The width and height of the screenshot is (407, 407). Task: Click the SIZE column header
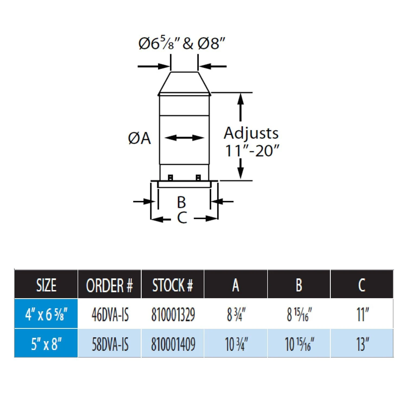coord(46,285)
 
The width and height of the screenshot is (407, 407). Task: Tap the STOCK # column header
coord(173,285)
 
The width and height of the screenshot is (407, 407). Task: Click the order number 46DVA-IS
coord(110,315)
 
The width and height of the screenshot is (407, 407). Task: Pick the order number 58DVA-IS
coord(110,344)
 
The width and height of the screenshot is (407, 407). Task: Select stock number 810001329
coord(173,315)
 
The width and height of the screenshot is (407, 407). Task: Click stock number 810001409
coord(173,344)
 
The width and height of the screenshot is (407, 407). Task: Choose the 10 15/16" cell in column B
coord(299,344)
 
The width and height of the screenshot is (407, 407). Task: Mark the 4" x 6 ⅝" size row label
coord(46,314)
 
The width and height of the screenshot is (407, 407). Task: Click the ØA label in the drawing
coord(139,138)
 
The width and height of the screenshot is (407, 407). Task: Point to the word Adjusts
coord(251,133)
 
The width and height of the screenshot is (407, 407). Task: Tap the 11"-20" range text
coord(252,151)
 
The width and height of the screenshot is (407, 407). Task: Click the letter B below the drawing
coord(181,202)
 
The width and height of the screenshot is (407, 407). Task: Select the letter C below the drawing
coord(182,217)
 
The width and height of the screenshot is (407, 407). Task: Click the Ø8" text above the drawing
coord(211,43)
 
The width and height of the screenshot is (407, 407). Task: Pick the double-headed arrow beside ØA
coord(184,138)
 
